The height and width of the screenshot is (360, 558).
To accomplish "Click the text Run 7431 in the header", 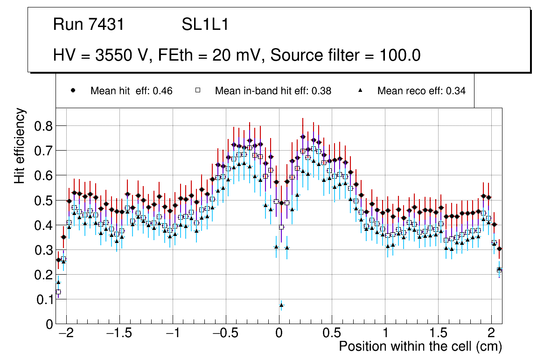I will click(89, 25).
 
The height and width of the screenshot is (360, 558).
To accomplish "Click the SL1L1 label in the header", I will click(205, 25).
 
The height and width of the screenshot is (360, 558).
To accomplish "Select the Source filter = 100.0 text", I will click(345, 55).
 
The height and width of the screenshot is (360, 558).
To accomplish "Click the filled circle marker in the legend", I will click(73, 91).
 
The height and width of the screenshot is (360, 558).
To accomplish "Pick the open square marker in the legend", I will click(197, 91).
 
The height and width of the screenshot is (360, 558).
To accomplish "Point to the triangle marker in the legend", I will click(360, 91).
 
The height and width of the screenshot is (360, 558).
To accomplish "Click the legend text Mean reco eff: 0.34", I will click(421, 91).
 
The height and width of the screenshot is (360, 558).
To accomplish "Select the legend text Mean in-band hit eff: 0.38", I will click(273, 91).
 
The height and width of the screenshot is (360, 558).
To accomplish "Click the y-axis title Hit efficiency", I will click(20, 145).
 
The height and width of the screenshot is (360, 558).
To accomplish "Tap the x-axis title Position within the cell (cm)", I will click(420, 346).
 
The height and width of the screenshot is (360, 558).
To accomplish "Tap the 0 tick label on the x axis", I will click(279, 334).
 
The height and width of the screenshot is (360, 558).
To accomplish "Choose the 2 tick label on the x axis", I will click(491, 334).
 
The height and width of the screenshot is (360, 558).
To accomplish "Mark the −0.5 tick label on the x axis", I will click(225, 334).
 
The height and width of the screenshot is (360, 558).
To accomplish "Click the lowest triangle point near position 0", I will click(281, 305).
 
